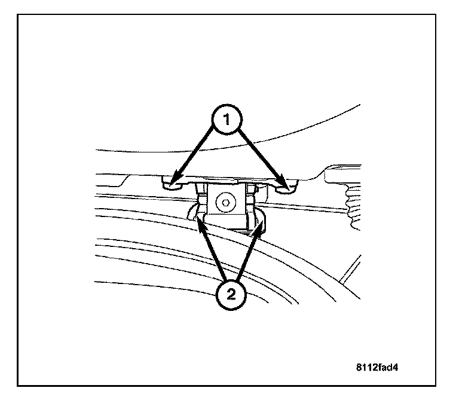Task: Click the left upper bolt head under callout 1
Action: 172,184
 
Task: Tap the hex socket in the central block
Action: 225,203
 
